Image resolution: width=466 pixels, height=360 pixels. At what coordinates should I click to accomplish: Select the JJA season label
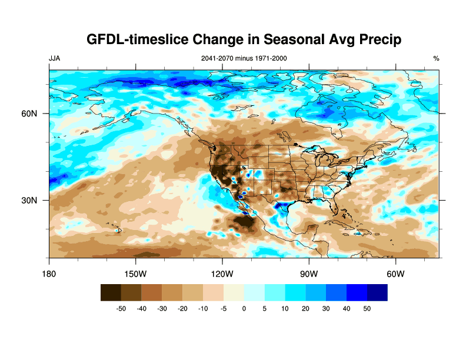click(54, 58)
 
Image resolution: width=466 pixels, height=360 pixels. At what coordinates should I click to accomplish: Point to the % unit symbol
click(436, 58)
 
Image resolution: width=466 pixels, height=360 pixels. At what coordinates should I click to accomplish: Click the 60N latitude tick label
click(30, 114)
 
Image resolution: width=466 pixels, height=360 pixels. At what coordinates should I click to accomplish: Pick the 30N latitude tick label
click(30, 200)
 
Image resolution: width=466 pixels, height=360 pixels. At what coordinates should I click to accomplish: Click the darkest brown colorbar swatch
click(111, 292)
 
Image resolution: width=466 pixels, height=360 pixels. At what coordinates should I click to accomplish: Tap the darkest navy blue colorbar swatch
click(377, 292)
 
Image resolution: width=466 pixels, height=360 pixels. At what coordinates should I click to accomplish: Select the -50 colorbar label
click(121, 308)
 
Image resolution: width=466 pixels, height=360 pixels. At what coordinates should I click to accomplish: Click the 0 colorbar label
click(244, 308)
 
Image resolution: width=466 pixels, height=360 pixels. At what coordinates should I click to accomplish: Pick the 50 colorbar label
click(367, 308)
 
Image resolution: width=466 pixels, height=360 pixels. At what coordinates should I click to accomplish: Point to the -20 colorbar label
click(182, 308)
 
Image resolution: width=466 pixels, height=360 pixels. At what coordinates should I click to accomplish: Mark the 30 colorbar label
click(326, 308)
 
